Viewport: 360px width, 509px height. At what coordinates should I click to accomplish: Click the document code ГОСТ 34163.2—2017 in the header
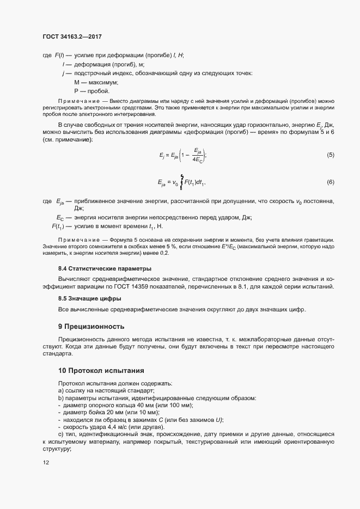[x=72, y=37]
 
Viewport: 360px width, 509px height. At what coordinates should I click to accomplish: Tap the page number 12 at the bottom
[x=46, y=463]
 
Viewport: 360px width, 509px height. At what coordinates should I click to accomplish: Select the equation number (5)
[x=330, y=155]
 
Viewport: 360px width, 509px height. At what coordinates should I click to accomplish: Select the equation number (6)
[x=330, y=181]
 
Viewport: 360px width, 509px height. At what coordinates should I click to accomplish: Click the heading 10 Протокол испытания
[x=101, y=371]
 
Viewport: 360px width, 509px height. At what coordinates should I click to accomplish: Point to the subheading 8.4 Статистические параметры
[x=105, y=269]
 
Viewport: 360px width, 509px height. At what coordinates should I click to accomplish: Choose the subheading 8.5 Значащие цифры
[x=89, y=298]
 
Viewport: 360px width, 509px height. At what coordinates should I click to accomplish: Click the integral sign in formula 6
[x=181, y=181]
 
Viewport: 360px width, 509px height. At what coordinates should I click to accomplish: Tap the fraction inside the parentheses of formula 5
[x=197, y=156]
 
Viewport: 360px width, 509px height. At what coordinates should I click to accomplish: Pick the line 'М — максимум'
[x=96, y=82]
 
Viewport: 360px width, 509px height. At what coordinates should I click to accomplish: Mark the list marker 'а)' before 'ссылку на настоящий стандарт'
[x=60, y=390]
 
